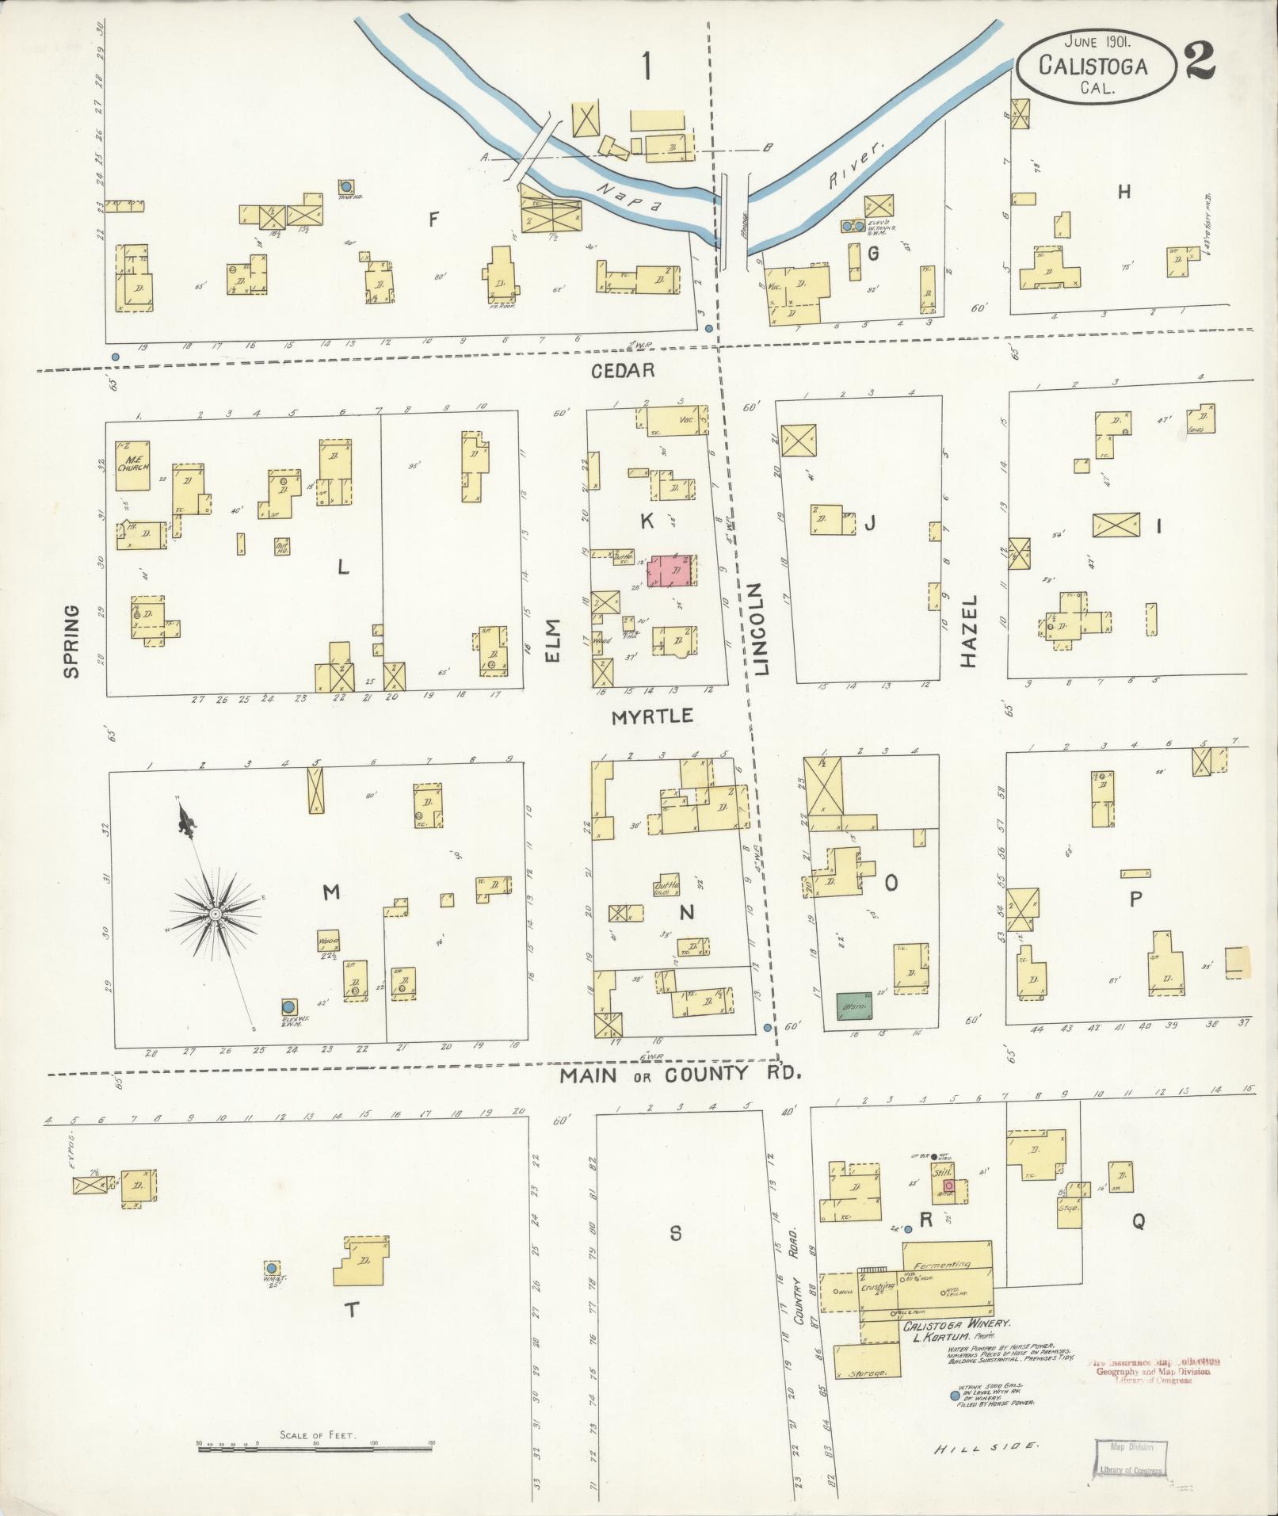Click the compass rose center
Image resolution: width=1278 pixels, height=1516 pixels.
coord(214,914)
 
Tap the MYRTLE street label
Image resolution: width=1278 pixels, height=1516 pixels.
coord(652,716)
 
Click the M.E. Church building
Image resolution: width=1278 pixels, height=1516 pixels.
coord(132,461)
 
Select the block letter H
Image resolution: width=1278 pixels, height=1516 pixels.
coord(1123,191)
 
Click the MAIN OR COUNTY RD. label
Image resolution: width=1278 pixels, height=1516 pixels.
coord(681,1075)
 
